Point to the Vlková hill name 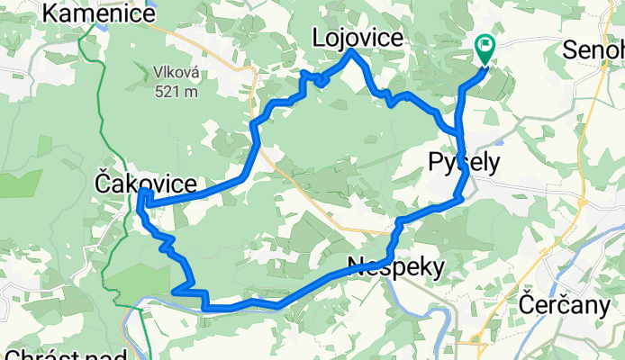[x=176, y=72]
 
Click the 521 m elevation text [x=176, y=90]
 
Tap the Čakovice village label [x=145, y=184]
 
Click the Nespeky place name [x=396, y=266]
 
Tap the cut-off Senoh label [x=594, y=51]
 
